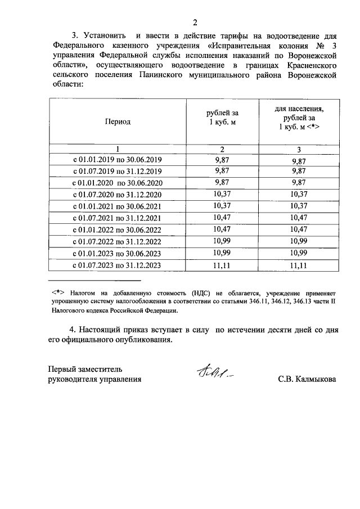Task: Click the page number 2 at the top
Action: [195, 23]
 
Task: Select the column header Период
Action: [117, 121]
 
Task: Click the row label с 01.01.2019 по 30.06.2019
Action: [117, 160]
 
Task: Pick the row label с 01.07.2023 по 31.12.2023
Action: [117, 266]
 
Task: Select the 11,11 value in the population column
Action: [299, 266]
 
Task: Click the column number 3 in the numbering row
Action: [299, 149]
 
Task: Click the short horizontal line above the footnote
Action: [94, 281]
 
